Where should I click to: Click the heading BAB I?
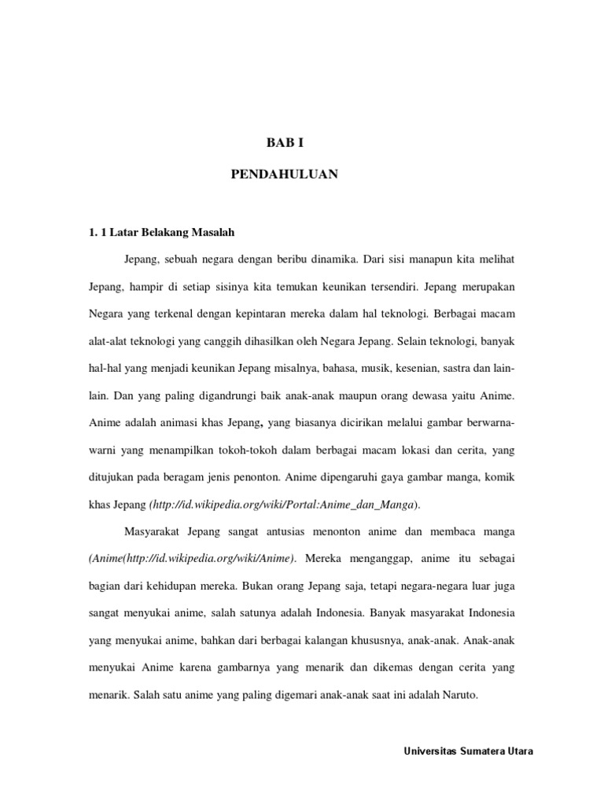(x=284, y=144)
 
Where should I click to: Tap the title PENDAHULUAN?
(x=284, y=175)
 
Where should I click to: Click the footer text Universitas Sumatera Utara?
(x=468, y=751)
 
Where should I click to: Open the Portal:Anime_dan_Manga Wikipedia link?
(x=285, y=505)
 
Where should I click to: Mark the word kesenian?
(x=425, y=368)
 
